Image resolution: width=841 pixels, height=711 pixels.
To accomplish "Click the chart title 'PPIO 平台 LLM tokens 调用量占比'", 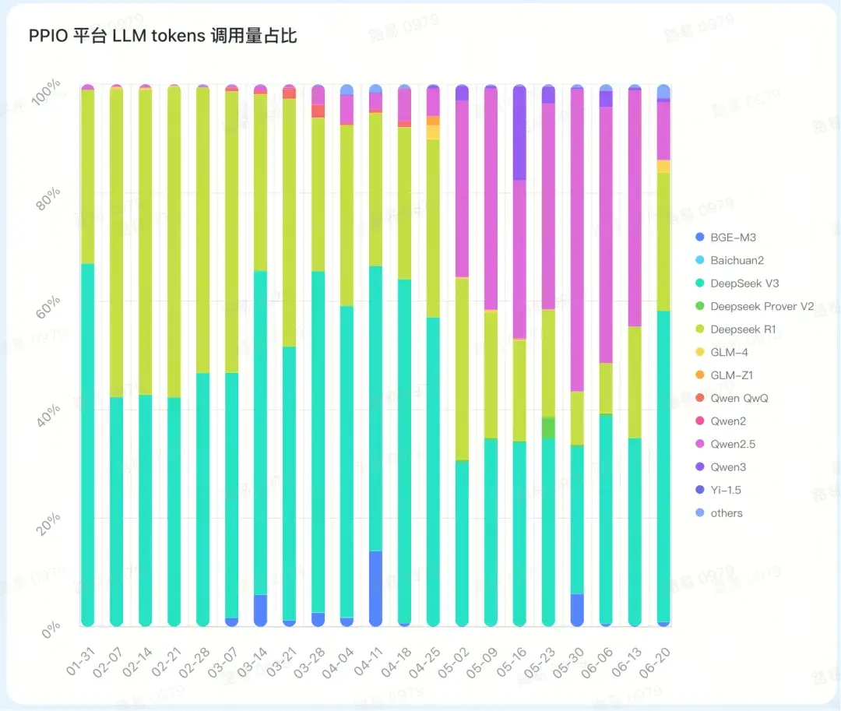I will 163,37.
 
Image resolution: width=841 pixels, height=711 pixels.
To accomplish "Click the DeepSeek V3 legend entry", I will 744,283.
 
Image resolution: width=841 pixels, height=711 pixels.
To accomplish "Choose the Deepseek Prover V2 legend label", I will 761,307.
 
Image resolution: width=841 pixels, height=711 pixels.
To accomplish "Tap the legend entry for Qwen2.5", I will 732,445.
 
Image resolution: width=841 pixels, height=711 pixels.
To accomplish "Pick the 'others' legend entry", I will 726,513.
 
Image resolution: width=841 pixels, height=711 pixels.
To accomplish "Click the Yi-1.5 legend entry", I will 725,491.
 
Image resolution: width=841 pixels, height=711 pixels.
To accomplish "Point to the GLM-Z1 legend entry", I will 730,375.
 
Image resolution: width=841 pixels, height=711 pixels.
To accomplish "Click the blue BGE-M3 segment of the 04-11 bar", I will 375,588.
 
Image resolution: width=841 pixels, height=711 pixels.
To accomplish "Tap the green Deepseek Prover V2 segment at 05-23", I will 548,428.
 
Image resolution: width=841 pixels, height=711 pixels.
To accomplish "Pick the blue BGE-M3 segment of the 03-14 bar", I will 260,610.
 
